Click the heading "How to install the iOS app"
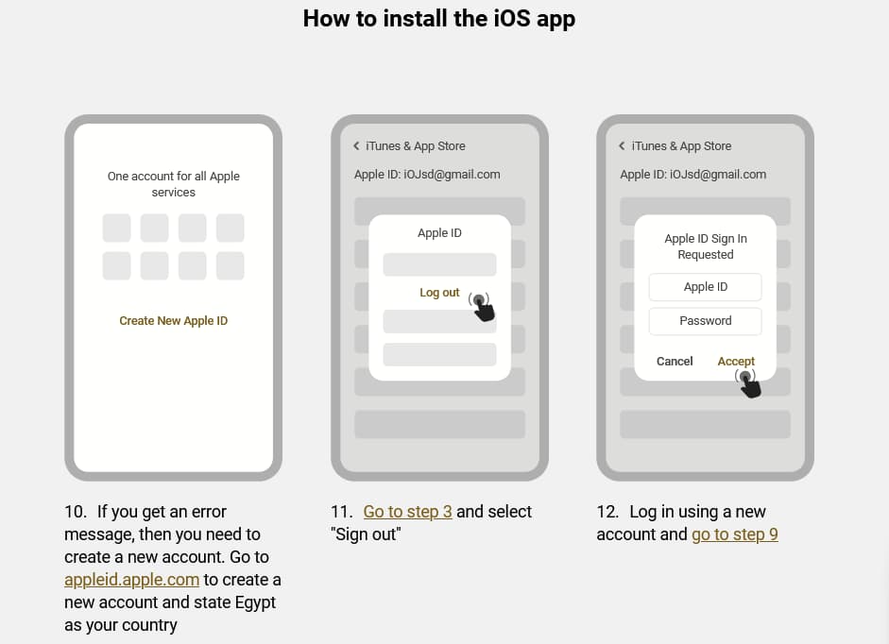(x=438, y=19)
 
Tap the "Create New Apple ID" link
(x=174, y=321)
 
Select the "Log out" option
(x=439, y=293)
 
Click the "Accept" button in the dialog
(x=736, y=361)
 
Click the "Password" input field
(x=706, y=321)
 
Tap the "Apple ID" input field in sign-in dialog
(x=706, y=287)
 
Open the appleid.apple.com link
(x=131, y=580)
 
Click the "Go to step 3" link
(x=407, y=512)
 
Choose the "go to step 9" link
(x=735, y=534)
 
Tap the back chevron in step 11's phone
(x=356, y=146)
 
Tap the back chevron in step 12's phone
(x=622, y=146)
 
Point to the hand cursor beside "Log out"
(x=482, y=307)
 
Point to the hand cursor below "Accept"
(x=748, y=383)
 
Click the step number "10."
(x=76, y=512)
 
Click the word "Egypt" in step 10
(x=255, y=602)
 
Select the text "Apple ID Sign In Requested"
(x=706, y=246)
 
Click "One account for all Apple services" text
(x=174, y=184)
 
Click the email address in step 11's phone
(x=452, y=175)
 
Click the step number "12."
(x=608, y=512)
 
